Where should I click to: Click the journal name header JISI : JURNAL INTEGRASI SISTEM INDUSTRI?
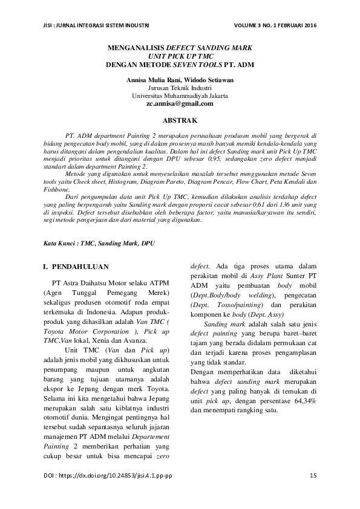tap(97, 25)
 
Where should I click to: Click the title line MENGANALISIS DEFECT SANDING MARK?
tap(180, 47)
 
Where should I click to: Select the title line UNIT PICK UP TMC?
tap(180, 56)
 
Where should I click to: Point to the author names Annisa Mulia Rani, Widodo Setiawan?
tap(180, 80)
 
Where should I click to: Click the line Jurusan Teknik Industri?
tap(180, 88)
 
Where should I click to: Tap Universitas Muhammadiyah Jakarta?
tap(180, 96)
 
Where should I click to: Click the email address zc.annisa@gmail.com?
tap(180, 104)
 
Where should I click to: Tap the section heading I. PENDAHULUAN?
tap(76, 266)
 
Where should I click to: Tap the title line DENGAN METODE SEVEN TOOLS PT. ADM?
tap(180, 64)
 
